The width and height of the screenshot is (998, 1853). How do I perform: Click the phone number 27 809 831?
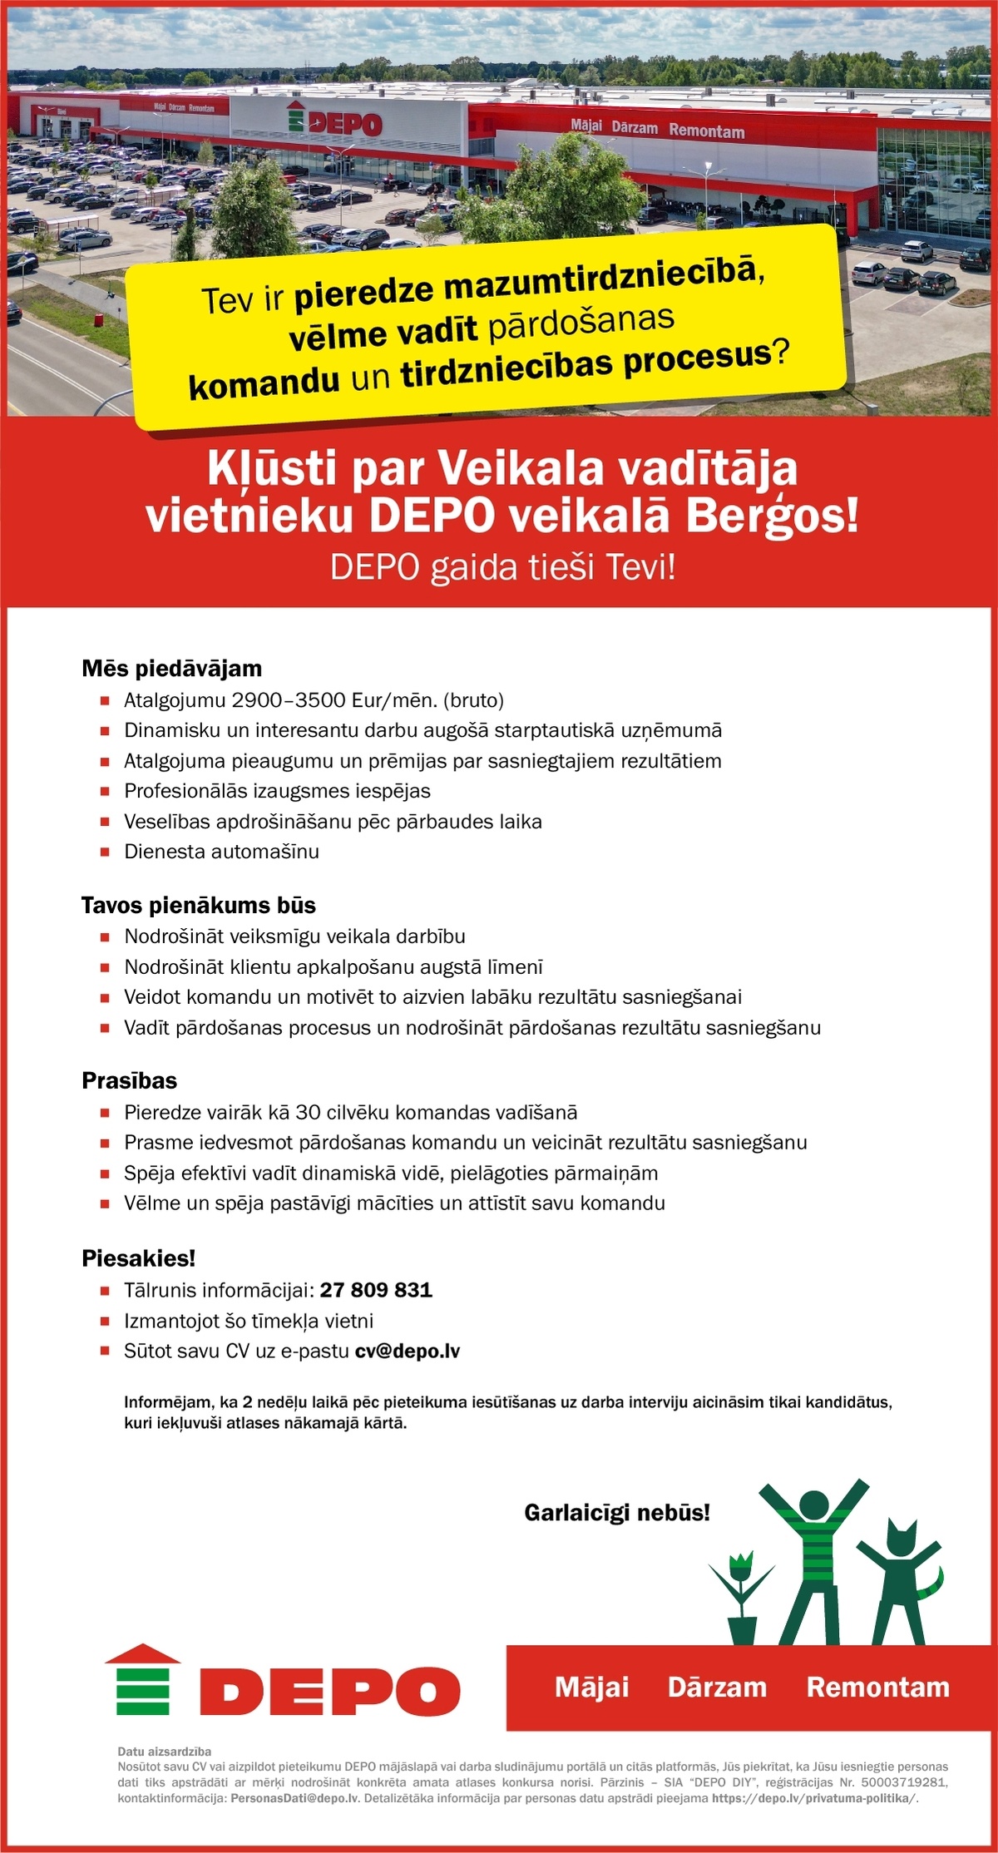click(x=376, y=1290)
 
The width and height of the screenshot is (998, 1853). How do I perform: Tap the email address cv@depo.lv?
click(x=408, y=1351)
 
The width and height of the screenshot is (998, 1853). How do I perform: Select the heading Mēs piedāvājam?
click(x=171, y=669)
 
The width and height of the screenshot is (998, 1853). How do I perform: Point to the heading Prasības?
click(x=129, y=1080)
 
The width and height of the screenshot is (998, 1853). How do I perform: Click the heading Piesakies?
click(x=138, y=1258)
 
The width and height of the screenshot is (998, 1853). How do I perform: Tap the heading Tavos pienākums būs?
click(x=198, y=905)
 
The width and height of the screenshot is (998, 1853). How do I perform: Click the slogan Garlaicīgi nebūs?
click(x=617, y=1512)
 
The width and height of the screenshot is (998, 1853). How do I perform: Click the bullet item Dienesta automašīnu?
click(x=221, y=852)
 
